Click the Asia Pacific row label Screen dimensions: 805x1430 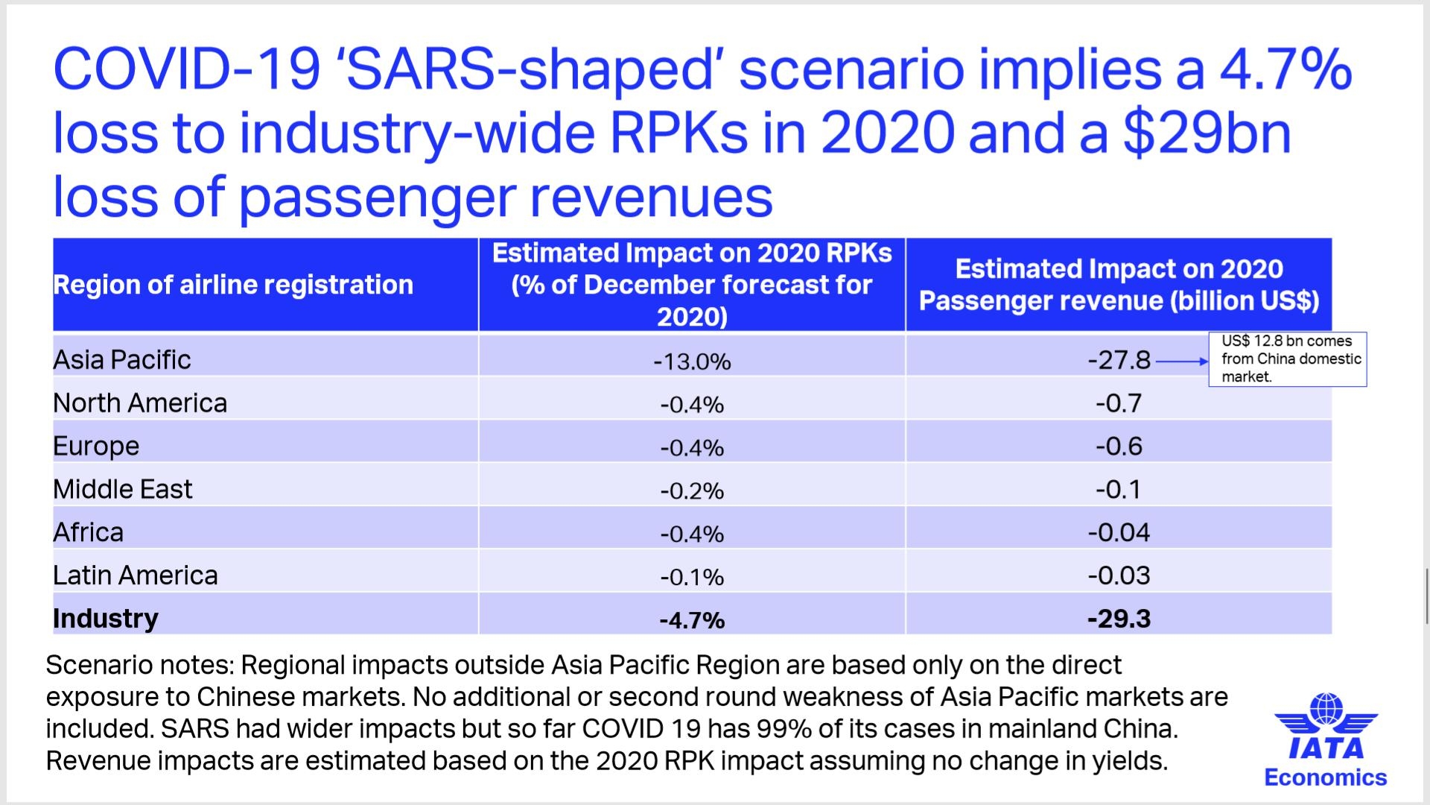click(122, 360)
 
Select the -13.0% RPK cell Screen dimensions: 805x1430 click(692, 362)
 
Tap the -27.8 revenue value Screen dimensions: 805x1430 click(1119, 361)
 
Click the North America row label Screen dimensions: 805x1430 click(140, 403)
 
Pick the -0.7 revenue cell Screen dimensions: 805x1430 click(1119, 404)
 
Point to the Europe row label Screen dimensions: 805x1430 click(96, 446)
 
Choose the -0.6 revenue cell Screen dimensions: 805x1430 click(1119, 446)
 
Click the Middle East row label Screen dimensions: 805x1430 click(123, 490)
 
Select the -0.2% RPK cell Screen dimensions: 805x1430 click(692, 490)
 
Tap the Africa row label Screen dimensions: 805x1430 click(88, 533)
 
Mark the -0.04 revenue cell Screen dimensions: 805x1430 click(1119, 533)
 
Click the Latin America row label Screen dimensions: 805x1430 click(136, 575)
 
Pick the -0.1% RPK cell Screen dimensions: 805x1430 click(692, 577)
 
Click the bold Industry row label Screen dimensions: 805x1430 click(106, 619)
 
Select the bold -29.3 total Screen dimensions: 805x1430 click(1119, 619)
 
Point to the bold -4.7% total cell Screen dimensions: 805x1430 click(692, 620)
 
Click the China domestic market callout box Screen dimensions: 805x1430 click(1288, 359)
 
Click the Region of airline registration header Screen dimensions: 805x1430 click(233, 285)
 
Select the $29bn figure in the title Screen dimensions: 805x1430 click(1207, 133)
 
